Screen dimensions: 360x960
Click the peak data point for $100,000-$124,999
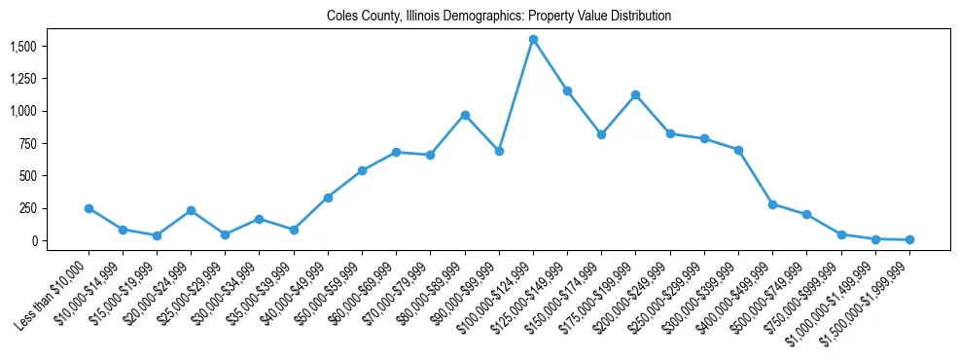(533, 40)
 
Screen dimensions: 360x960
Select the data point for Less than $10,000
(89, 208)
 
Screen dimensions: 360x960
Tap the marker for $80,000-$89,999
(465, 115)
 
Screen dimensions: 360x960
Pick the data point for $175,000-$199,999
(636, 94)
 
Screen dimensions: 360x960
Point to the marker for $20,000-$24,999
(191, 210)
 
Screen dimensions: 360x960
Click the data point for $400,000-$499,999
(772, 204)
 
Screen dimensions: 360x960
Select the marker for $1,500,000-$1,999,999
(909, 239)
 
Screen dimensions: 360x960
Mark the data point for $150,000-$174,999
(601, 134)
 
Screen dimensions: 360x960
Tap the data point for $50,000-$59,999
(362, 170)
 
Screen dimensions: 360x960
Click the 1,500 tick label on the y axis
(22, 47)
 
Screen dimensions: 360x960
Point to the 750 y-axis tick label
(27, 144)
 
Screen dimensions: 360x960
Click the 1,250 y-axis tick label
(22, 79)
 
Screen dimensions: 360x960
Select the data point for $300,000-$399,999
(738, 150)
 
